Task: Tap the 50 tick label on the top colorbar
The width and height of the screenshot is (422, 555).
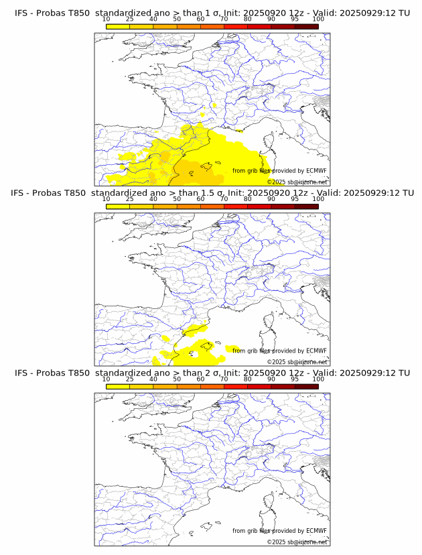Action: tap(177, 19)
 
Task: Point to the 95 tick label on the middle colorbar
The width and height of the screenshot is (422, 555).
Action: tap(295, 199)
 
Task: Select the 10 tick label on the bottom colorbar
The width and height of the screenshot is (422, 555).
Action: tap(106, 379)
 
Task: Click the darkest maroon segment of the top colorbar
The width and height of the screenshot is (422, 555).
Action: tap(306, 26)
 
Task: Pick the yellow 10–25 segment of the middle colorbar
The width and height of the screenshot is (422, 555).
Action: tap(118, 206)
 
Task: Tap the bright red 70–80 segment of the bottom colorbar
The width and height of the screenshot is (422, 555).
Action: tap(235, 386)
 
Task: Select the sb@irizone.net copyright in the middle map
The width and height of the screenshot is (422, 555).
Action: tap(297, 362)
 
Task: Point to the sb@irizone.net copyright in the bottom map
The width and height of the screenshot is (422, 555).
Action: tap(297, 542)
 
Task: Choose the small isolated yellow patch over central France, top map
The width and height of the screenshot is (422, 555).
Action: tap(214, 105)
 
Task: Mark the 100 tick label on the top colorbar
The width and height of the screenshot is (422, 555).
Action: tap(318, 19)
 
